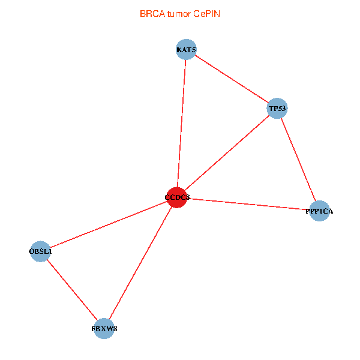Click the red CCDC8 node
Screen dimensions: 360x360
[177, 197]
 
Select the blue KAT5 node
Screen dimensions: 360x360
[187, 49]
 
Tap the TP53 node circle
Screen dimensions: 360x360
[277, 109]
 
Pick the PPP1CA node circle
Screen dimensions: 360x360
[320, 211]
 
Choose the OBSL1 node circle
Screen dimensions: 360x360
[40, 251]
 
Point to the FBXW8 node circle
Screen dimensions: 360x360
[104, 328]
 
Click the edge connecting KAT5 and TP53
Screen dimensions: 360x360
[232, 79]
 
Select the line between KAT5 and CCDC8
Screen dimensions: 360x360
[182, 123]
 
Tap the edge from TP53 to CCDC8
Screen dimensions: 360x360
[227, 153]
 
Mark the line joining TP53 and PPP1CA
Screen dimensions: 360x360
[298, 160]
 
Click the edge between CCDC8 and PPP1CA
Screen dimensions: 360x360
[248, 204]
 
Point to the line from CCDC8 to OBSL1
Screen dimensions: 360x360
[109, 224]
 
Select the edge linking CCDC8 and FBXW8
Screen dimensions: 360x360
[140, 263]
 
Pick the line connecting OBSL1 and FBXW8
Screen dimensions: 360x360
[72, 290]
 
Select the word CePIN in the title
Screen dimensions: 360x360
[206, 13]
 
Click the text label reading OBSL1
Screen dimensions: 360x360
[40, 251]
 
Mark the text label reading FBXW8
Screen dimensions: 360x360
[104, 329]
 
